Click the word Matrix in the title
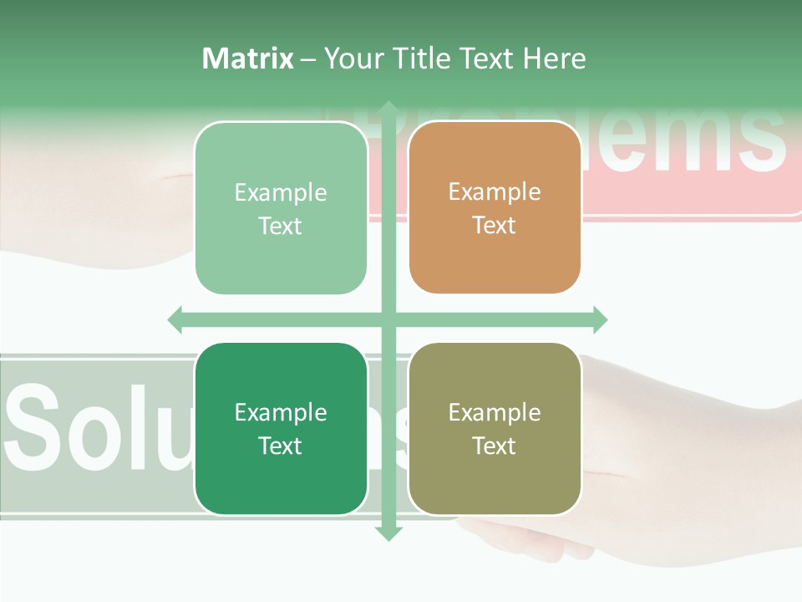pyautogui.click(x=248, y=59)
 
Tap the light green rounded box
pyautogui.click(x=281, y=208)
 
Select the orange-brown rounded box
pyautogui.click(x=495, y=208)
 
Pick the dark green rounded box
pyautogui.click(x=281, y=429)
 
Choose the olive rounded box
pyautogui.click(x=495, y=429)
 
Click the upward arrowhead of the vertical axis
pyautogui.click(x=388, y=109)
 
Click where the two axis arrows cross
pyautogui.click(x=388, y=319)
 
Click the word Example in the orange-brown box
pyautogui.click(x=495, y=192)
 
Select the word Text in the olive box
pyautogui.click(x=495, y=446)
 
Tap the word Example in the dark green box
pyautogui.click(x=281, y=412)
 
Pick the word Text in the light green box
pyautogui.click(x=281, y=226)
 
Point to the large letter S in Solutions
pyautogui.click(x=38, y=426)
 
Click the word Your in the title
pyautogui.click(x=353, y=59)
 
